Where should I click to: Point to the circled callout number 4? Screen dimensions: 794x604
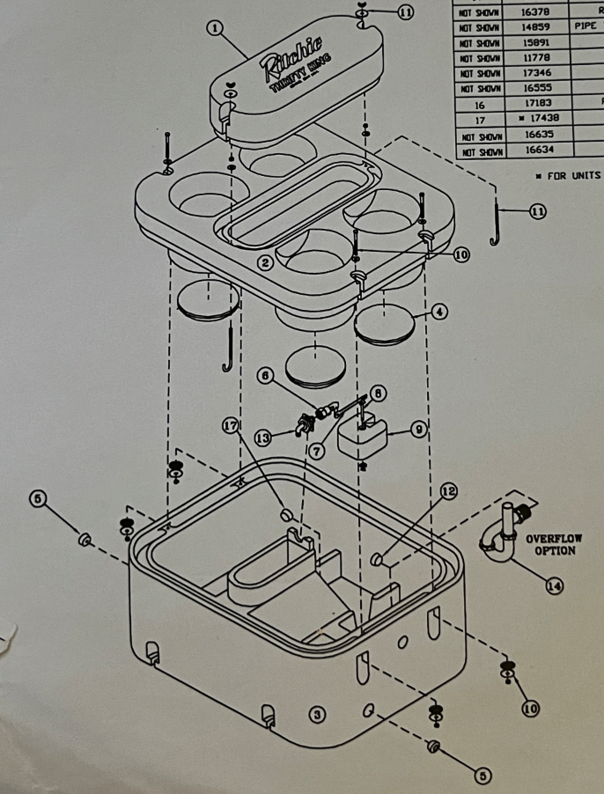439,311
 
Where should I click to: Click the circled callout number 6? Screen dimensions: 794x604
263,375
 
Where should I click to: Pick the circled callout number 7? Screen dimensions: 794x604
318,449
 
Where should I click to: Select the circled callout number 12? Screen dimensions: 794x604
449,491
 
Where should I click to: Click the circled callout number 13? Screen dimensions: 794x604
261,437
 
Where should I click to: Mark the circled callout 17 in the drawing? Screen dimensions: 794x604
231,424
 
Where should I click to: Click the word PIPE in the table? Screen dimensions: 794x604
586,26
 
